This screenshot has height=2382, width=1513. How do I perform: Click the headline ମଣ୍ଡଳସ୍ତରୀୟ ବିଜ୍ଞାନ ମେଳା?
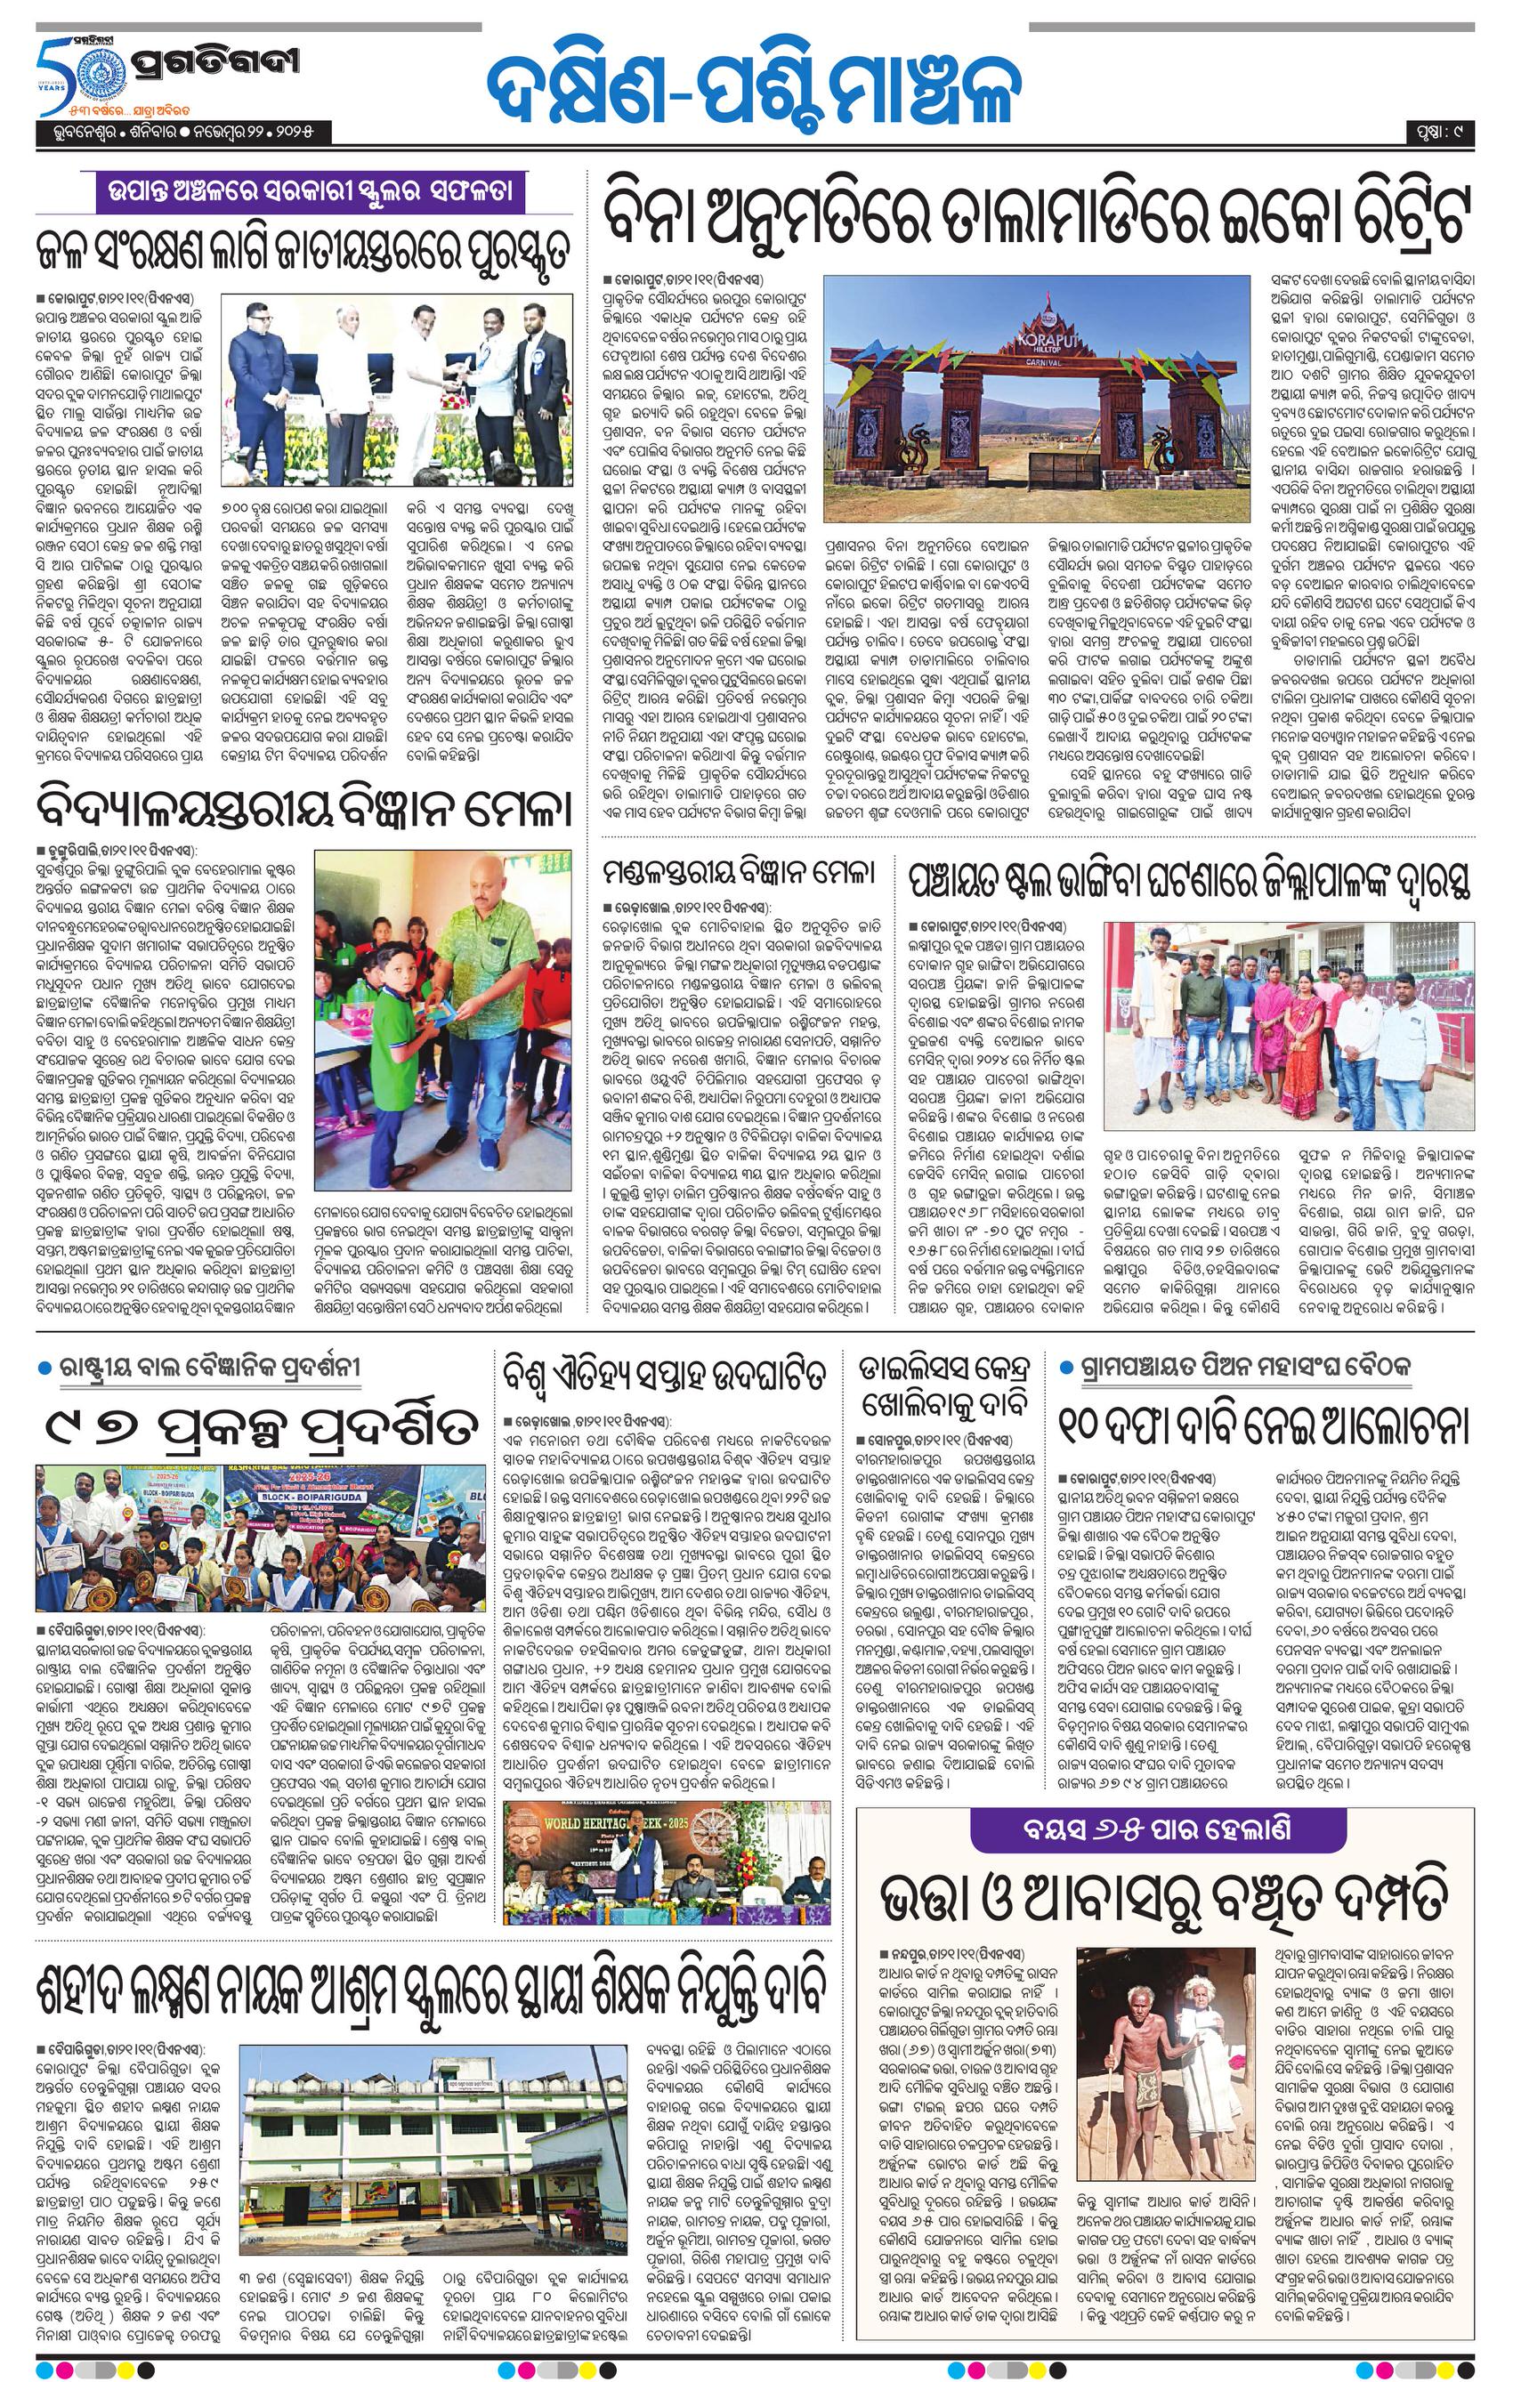tap(740, 873)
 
